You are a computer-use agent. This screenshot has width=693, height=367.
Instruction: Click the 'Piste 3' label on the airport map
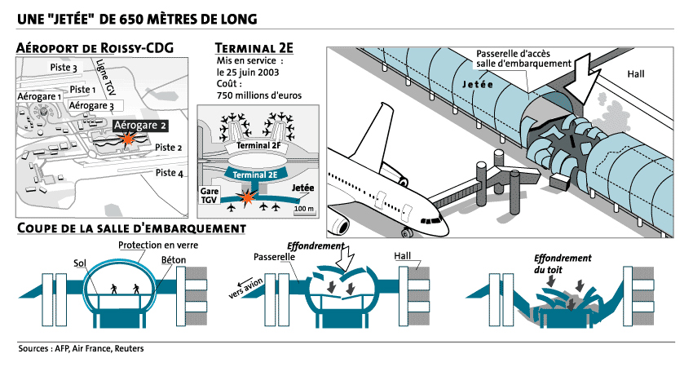pos(64,68)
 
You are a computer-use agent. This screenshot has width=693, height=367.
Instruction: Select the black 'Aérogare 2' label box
pos(140,126)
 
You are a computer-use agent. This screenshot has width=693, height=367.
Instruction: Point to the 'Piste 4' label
pos(170,173)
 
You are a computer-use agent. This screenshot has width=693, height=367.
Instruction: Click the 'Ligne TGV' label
pos(105,78)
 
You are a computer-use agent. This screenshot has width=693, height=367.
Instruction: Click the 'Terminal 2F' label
pos(258,145)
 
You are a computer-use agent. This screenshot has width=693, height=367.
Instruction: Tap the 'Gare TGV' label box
pos(209,196)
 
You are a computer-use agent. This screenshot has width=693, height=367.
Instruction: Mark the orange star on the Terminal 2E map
pos(247,197)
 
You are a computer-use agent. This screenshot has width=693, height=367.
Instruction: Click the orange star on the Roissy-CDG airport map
pos(128,139)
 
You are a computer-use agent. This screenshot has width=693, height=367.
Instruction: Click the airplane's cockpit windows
pos(431,220)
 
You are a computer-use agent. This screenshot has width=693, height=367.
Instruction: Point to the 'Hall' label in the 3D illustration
pos(636,74)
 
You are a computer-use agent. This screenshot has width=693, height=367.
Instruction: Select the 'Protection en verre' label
pos(158,245)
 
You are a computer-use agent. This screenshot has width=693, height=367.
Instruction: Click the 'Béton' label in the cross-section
pos(173,259)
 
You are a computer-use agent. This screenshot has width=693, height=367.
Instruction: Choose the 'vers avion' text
pos(246,288)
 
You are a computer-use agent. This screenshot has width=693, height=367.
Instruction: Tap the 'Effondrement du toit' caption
pos(563,263)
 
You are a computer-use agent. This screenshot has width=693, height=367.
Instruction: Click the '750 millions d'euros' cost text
pos(259,95)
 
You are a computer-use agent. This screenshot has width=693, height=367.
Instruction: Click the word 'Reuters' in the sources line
pos(129,348)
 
